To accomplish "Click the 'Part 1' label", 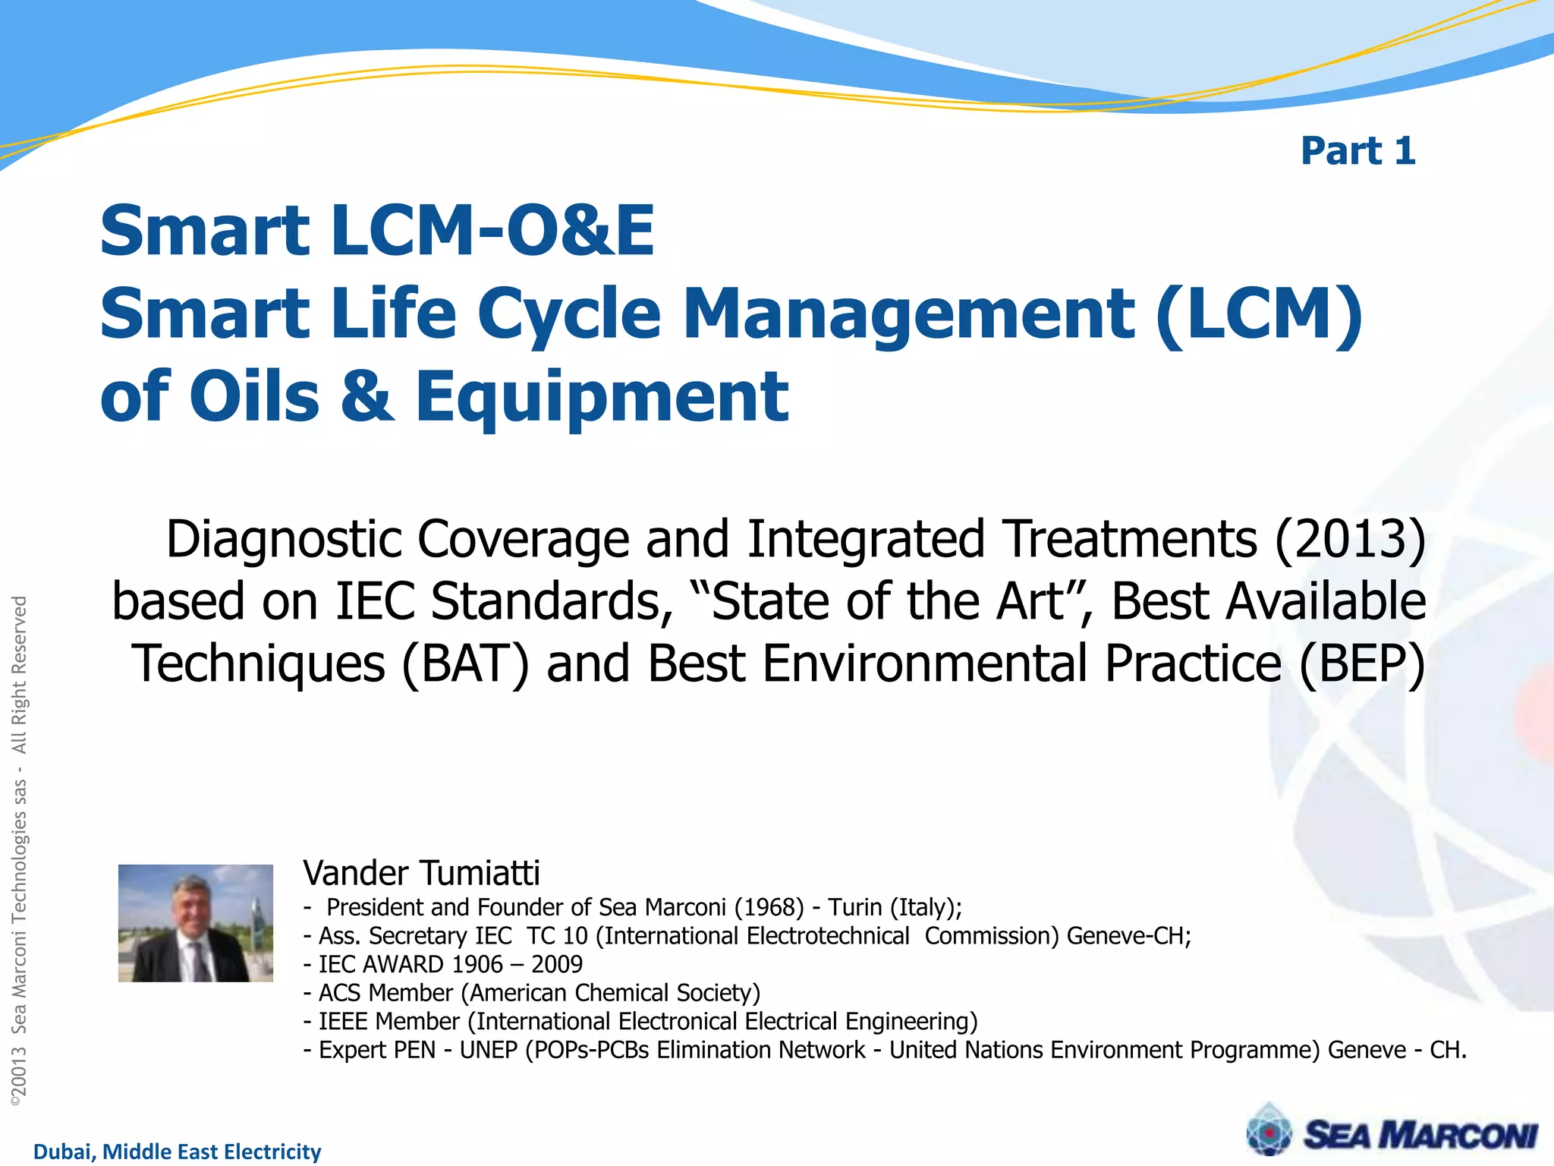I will [1357, 150].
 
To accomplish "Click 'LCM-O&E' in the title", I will [492, 231].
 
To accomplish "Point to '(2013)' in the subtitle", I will [1350, 539].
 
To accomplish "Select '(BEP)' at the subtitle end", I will [1362, 663].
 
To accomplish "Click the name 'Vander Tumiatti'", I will [421, 873].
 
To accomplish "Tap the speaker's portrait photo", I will [196, 923].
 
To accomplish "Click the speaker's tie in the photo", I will [202, 961].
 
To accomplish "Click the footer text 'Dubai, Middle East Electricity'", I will [178, 1152].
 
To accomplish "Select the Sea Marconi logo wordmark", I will [1420, 1136].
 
